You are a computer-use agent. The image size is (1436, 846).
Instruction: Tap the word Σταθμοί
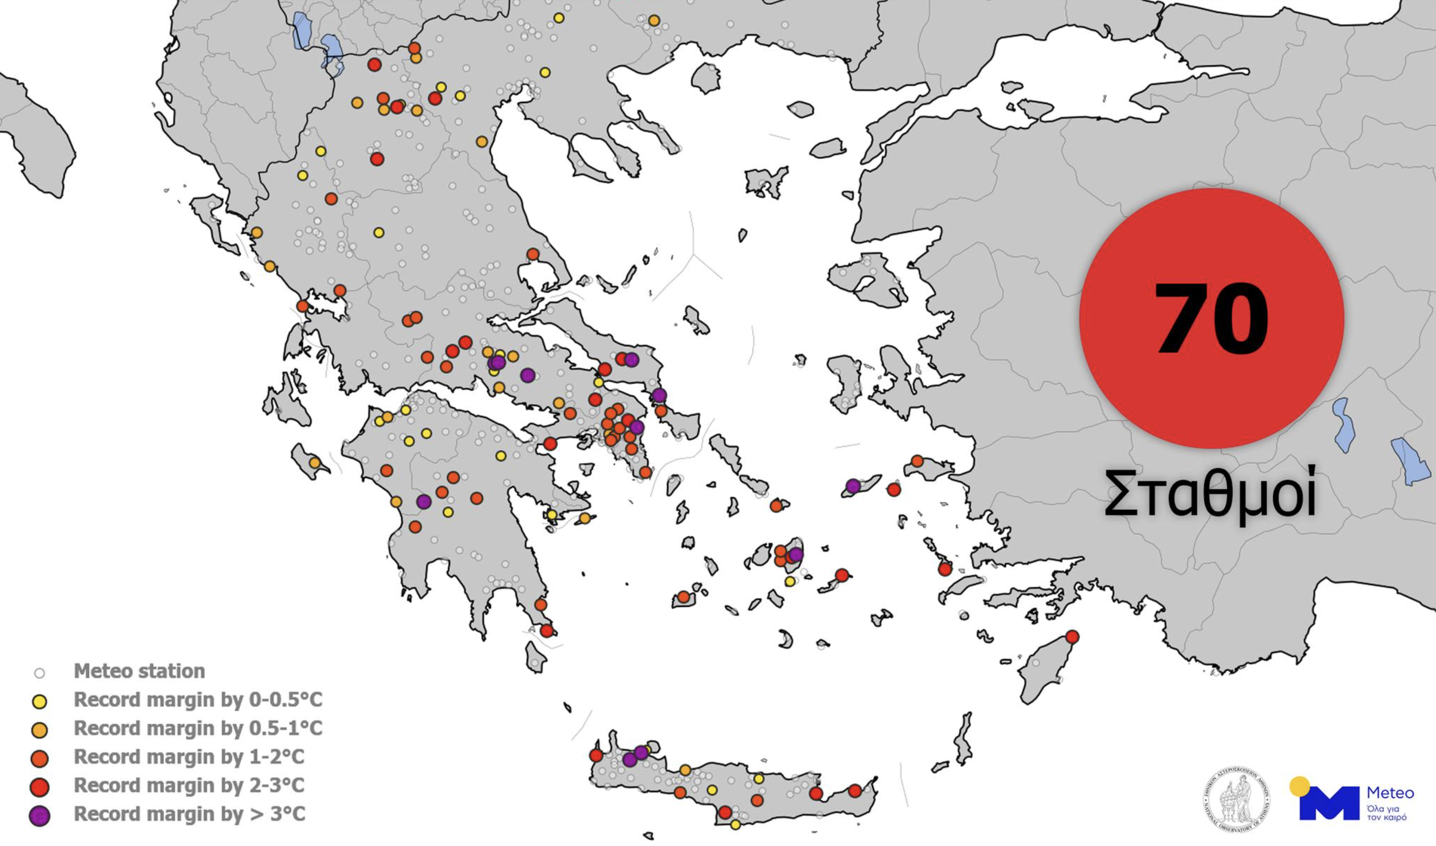[1210, 494]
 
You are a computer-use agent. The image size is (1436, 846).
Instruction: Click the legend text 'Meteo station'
[139, 671]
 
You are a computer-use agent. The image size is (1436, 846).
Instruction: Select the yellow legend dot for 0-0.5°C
[39, 701]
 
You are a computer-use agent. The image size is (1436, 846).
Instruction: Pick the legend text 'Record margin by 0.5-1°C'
[198, 728]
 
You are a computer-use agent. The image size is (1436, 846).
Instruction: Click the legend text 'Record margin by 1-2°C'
[189, 757]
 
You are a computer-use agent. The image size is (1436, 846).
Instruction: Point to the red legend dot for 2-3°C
[39, 787]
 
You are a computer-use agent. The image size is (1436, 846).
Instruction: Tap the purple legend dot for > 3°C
[39, 816]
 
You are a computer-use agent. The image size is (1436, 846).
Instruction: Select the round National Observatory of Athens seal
[1236, 799]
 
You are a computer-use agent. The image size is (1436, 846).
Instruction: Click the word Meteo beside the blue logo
[1390, 793]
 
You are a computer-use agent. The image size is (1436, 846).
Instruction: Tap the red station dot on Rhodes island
[1072, 637]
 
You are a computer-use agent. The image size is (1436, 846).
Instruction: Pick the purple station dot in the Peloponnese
[423, 502]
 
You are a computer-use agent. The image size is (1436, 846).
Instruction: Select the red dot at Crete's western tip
[596, 755]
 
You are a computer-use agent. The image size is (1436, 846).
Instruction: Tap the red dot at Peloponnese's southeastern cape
[547, 631]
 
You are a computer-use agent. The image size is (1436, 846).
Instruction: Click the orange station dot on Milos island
[683, 597]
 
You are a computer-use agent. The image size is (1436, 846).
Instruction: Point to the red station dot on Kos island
[945, 569]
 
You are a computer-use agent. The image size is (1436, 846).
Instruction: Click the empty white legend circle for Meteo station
[39, 673]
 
